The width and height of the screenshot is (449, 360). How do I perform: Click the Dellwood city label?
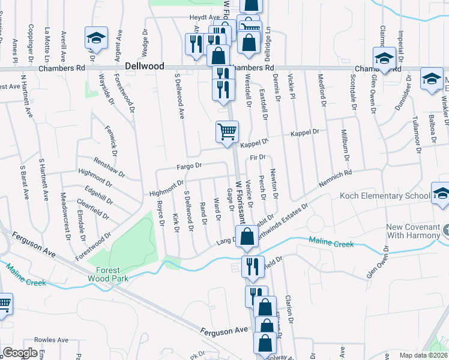pos(145,66)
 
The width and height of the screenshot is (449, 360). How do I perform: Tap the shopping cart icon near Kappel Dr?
pos(227,131)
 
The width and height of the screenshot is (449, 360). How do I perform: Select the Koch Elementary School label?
pos(384,196)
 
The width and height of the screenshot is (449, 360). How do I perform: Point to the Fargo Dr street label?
pos(190,165)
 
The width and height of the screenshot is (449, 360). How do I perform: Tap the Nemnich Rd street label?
pos(334,179)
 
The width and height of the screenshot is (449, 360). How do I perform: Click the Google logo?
pos(20,353)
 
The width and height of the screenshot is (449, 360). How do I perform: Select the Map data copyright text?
pos(424,355)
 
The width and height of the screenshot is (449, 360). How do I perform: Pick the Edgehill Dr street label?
pos(99,195)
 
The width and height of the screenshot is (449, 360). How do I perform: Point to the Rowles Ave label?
pos(47,340)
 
